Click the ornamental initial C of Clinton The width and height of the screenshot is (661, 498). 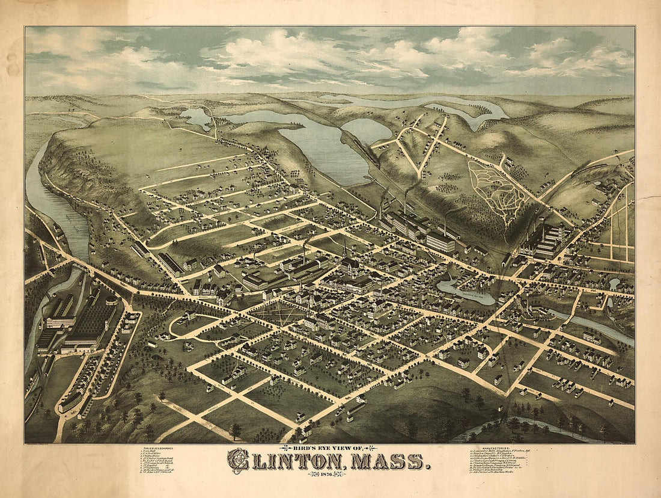[239, 462]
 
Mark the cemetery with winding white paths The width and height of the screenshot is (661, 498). [492, 186]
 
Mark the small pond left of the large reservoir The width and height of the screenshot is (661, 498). [196, 117]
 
